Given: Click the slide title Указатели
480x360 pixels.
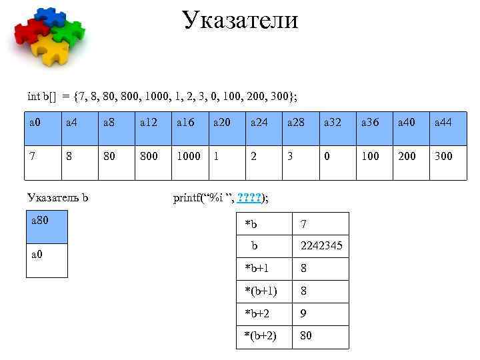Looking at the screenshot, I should [240, 19].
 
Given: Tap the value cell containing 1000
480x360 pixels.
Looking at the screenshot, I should [188, 155].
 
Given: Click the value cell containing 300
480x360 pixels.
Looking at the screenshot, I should [443, 155].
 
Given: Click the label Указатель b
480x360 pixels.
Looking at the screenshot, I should [58, 197].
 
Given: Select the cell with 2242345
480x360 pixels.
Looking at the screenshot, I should [321, 246].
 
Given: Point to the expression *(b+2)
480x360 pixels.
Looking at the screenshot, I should [261, 335].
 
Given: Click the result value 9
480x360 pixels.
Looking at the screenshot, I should [304, 313].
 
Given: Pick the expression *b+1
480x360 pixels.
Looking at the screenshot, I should [257, 268].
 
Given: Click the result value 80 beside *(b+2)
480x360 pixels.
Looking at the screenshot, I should [306, 335].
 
